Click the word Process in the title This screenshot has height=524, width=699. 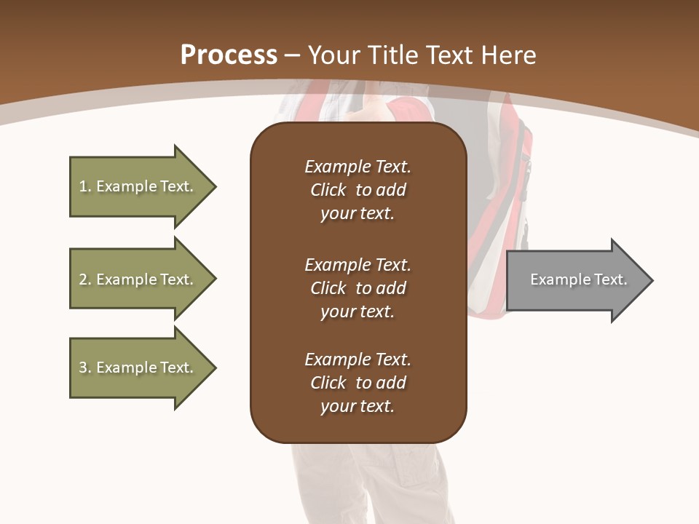click(x=229, y=55)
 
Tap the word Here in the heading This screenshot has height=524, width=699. click(x=509, y=55)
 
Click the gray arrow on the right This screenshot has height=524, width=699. click(x=575, y=280)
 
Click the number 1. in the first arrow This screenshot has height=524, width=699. click(x=84, y=186)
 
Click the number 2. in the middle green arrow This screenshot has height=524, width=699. click(x=84, y=279)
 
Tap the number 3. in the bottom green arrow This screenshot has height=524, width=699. click(x=84, y=368)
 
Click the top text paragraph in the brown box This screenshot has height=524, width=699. click(x=358, y=190)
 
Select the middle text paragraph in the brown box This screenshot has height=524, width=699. click(x=358, y=288)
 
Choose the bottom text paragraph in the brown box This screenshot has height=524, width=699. click(x=358, y=383)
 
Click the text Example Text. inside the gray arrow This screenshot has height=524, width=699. click(x=578, y=279)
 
